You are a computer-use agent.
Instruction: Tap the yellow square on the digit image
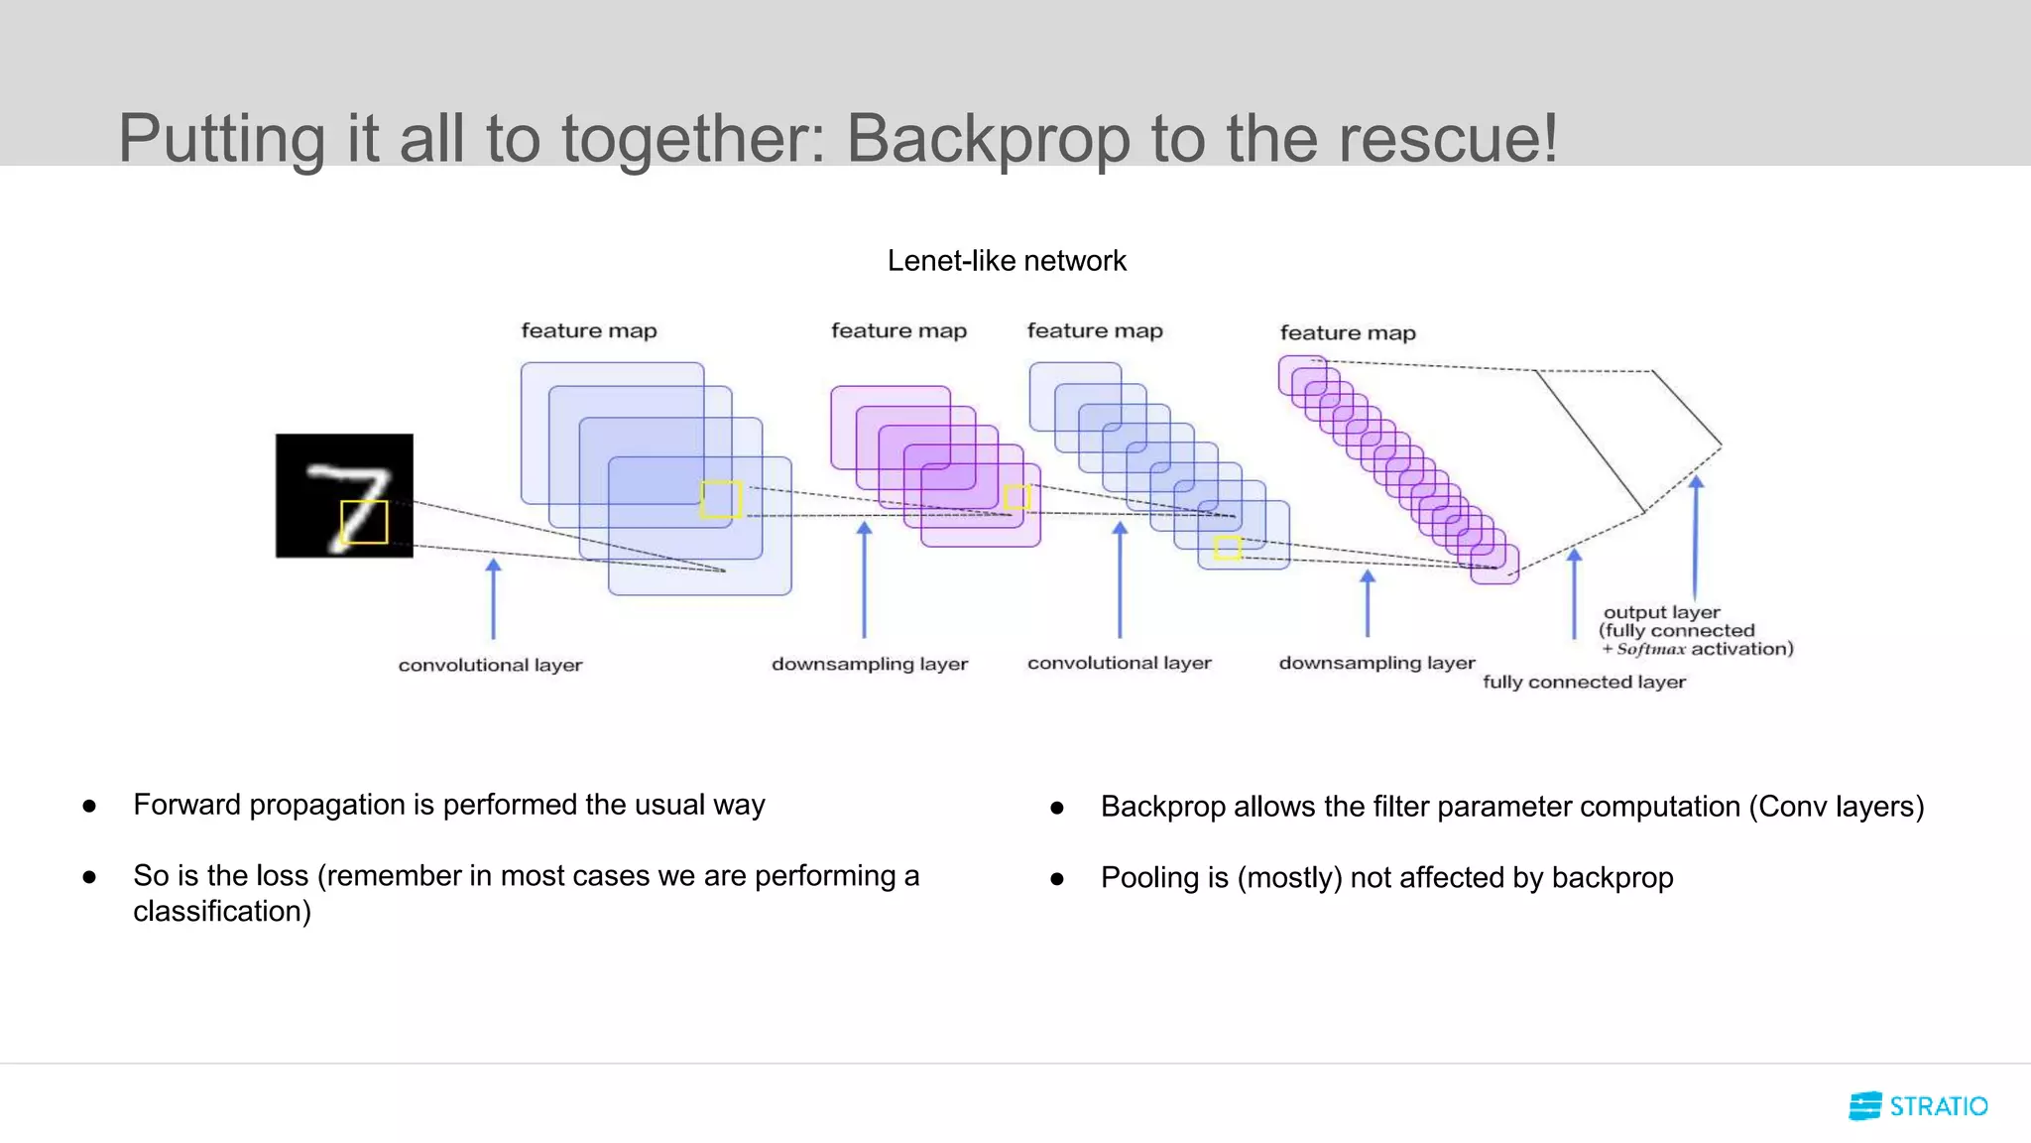click(x=364, y=522)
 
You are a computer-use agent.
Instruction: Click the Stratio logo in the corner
click(x=1918, y=1105)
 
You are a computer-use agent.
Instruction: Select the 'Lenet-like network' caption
click(x=1007, y=261)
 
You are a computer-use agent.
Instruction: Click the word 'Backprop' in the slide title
click(x=988, y=138)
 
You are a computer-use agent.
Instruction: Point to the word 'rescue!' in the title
click(x=1449, y=138)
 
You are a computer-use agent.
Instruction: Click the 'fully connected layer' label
click(x=1584, y=682)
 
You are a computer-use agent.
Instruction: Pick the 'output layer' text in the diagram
click(x=1661, y=612)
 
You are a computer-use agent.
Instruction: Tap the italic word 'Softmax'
click(x=1650, y=649)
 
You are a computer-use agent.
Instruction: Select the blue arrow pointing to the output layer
click(x=1696, y=536)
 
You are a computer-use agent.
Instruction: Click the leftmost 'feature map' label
click(x=589, y=330)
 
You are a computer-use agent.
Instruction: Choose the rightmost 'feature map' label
click(x=1348, y=333)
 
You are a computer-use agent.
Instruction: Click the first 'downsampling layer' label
click(x=870, y=664)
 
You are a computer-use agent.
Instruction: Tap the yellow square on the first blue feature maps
click(x=721, y=499)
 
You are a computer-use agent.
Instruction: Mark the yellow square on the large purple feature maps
click(x=1016, y=497)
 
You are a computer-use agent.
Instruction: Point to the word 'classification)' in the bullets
click(x=222, y=911)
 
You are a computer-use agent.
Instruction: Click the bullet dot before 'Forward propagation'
click(x=89, y=806)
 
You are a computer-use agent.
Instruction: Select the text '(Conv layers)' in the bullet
click(x=1836, y=807)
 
